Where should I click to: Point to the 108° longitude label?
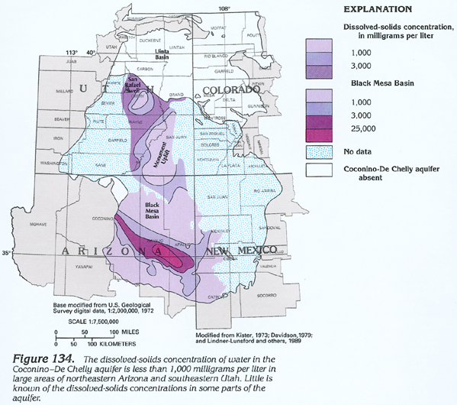point(224,8)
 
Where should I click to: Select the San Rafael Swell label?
point(137,82)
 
